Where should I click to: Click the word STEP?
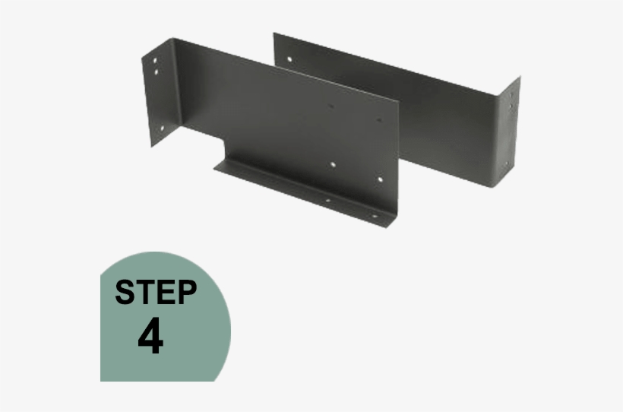(x=156, y=292)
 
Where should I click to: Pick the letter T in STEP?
(x=145, y=292)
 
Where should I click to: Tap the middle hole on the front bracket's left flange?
(x=157, y=71)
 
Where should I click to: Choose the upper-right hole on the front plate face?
(x=379, y=120)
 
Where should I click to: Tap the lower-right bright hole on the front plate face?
(x=381, y=180)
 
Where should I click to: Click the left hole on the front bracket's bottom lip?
(x=327, y=201)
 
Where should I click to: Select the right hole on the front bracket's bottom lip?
(x=374, y=216)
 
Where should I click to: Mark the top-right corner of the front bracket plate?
(x=397, y=100)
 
